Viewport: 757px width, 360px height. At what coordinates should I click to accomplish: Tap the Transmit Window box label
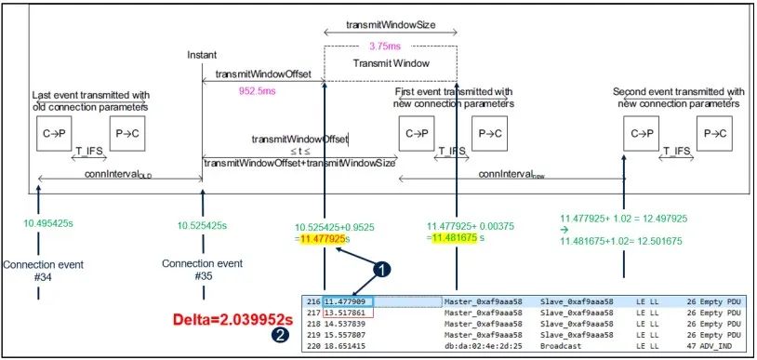pyautogui.click(x=391, y=63)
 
